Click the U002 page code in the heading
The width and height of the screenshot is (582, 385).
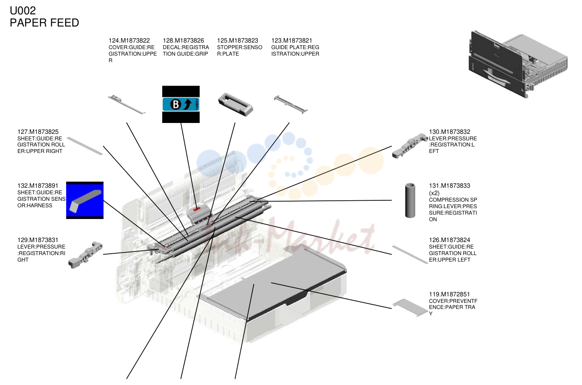[x=23, y=10]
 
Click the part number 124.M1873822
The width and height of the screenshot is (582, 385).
[x=129, y=40]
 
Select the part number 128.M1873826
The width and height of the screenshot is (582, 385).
[x=184, y=40]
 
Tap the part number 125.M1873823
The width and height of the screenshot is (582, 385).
[x=237, y=40]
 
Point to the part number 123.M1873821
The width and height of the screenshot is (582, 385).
[x=291, y=40]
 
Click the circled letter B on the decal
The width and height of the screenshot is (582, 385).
[x=175, y=104]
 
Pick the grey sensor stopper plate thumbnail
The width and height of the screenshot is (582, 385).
[x=235, y=104]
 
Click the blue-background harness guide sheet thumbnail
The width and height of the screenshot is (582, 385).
[x=85, y=200]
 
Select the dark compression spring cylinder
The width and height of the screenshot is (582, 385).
[x=410, y=200]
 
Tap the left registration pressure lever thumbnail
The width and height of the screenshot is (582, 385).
[x=410, y=146]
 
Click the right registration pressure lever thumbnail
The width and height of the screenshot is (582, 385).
[x=86, y=255]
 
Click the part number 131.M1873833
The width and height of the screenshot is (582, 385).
[x=449, y=186]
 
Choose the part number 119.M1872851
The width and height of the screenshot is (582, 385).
[x=449, y=294]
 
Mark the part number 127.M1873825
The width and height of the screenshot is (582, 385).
[x=38, y=132]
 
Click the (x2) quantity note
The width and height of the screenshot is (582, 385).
[x=434, y=193]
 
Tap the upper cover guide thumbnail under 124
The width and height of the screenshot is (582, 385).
[x=127, y=104]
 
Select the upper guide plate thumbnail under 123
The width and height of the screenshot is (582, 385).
[x=291, y=104]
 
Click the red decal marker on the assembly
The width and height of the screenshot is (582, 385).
[x=197, y=209]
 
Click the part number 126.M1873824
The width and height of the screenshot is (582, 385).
[x=449, y=240]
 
